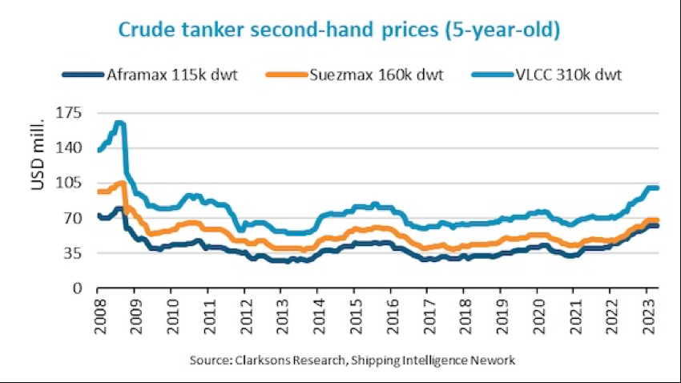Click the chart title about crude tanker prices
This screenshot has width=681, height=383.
coord(339,30)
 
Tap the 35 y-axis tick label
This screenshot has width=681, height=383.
coord(76,252)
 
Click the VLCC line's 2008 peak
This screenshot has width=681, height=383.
coord(119,123)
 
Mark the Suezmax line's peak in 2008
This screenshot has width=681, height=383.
coord(121,183)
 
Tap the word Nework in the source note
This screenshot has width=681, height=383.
coord(494,361)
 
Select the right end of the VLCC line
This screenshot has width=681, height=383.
coord(657,188)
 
